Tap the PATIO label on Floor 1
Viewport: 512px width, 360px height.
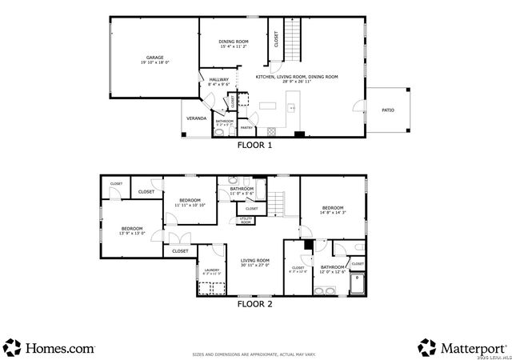pyautogui.click(x=387, y=110)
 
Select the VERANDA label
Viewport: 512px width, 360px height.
pyautogui.click(x=196, y=118)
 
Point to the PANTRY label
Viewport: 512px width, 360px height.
pyautogui.click(x=246, y=127)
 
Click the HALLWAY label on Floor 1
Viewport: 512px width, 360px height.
pyautogui.click(x=219, y=79)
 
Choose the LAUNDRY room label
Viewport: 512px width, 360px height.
pyautogui.click(x=211, y=270)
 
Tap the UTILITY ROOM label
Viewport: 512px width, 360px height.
pyautogui.click(x=246, y=221)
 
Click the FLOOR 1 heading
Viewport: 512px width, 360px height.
pyautogui.click(x=255, y=146)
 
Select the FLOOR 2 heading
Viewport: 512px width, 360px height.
pyautogui.click(x=255, y=304)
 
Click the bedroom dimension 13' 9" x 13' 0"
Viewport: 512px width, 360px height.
pyautogui.click(x=132, y=234)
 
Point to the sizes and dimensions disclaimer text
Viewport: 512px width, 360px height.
pyautogui.click(x=255, y=355)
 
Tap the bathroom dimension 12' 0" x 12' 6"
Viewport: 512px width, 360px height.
pyautogui.click(x=333, y=272)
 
